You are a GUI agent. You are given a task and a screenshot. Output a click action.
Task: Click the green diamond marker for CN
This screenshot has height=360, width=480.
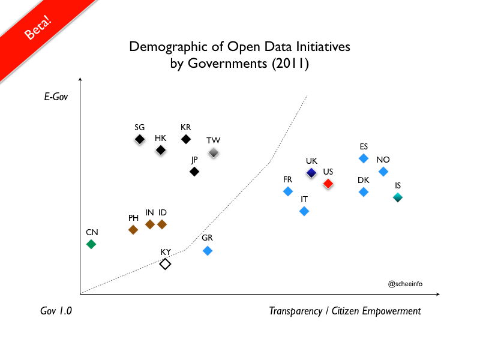tap(91, 244)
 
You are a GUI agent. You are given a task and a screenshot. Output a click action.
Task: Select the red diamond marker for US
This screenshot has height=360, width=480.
tap(328, 184)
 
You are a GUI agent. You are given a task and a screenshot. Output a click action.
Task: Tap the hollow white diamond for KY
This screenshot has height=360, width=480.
tap(166, 264)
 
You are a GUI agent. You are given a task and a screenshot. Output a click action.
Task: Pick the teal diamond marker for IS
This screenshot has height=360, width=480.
tap(398, 197)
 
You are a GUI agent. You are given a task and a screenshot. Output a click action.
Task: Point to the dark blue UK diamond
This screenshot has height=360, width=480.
tap(311, 173)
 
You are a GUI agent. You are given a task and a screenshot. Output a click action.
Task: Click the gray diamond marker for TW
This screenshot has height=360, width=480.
tap(213, 153)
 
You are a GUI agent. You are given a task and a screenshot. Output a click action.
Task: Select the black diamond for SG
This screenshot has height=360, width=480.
tap(140, 139)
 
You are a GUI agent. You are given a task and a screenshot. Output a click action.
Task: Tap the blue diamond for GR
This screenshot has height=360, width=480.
tap(208, 251)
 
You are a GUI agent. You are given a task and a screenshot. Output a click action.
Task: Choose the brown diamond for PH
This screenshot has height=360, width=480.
tap(133, 230)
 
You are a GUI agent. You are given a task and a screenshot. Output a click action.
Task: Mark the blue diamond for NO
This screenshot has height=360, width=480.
tap(383, 172)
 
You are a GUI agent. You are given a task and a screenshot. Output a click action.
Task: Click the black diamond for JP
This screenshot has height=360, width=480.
tap(194, 172)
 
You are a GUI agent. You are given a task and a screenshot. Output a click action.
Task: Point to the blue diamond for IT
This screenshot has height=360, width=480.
tap(304, 211)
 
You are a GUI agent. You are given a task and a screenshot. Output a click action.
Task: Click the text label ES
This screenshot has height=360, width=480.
tap(364, 146)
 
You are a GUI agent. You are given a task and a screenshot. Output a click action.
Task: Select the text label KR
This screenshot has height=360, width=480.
tap(186, 127)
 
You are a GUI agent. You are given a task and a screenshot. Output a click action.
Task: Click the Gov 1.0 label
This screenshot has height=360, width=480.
tap(56, 311)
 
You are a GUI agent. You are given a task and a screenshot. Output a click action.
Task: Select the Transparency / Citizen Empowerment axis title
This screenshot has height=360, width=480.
tap(345, 311)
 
